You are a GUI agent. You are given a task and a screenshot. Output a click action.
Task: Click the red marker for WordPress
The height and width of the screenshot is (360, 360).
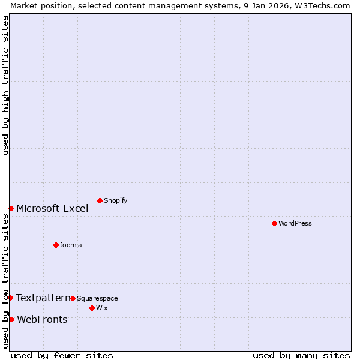point(274,223)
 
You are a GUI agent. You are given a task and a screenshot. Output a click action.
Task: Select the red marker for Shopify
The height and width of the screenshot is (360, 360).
point(100,200)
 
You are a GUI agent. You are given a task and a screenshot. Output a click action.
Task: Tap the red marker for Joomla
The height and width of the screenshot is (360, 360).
point(56,245)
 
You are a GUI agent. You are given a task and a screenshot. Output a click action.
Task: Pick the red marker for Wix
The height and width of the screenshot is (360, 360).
point(92,308)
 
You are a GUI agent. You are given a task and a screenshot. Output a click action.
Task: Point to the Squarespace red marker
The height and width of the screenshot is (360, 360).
point(73,298)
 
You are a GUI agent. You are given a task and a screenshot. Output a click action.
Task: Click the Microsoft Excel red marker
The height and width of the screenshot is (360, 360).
point(11,208)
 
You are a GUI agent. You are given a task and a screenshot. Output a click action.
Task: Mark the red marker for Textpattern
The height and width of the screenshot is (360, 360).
point(10,298)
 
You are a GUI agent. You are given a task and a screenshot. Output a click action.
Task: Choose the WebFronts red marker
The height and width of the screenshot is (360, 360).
point(11,319)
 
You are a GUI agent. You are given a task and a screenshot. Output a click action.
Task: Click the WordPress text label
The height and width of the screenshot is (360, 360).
point(295,223)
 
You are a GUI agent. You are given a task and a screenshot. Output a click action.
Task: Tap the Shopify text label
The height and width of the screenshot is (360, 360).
point(115,200)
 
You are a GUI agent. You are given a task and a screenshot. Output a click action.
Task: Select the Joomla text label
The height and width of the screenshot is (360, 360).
point(71,245)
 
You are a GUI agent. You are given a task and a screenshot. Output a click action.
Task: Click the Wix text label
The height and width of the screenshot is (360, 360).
point(102,308)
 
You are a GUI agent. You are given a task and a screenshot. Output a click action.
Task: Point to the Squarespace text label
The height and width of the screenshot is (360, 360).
point(97,298)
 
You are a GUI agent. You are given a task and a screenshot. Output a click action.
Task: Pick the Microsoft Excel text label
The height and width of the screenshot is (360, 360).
point(52,208)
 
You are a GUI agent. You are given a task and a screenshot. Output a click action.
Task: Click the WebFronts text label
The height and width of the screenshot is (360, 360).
point(42,319)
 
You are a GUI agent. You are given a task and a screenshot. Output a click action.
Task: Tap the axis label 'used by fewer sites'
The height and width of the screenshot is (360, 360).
point(62,355)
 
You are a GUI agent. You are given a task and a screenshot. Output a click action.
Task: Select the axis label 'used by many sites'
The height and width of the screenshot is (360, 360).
point(301,355)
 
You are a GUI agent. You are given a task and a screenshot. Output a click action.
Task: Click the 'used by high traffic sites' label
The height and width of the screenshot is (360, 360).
point(5,85)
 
